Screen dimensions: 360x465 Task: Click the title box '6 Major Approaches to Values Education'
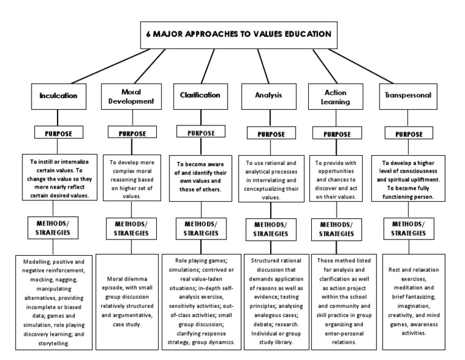tap(238, 35)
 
